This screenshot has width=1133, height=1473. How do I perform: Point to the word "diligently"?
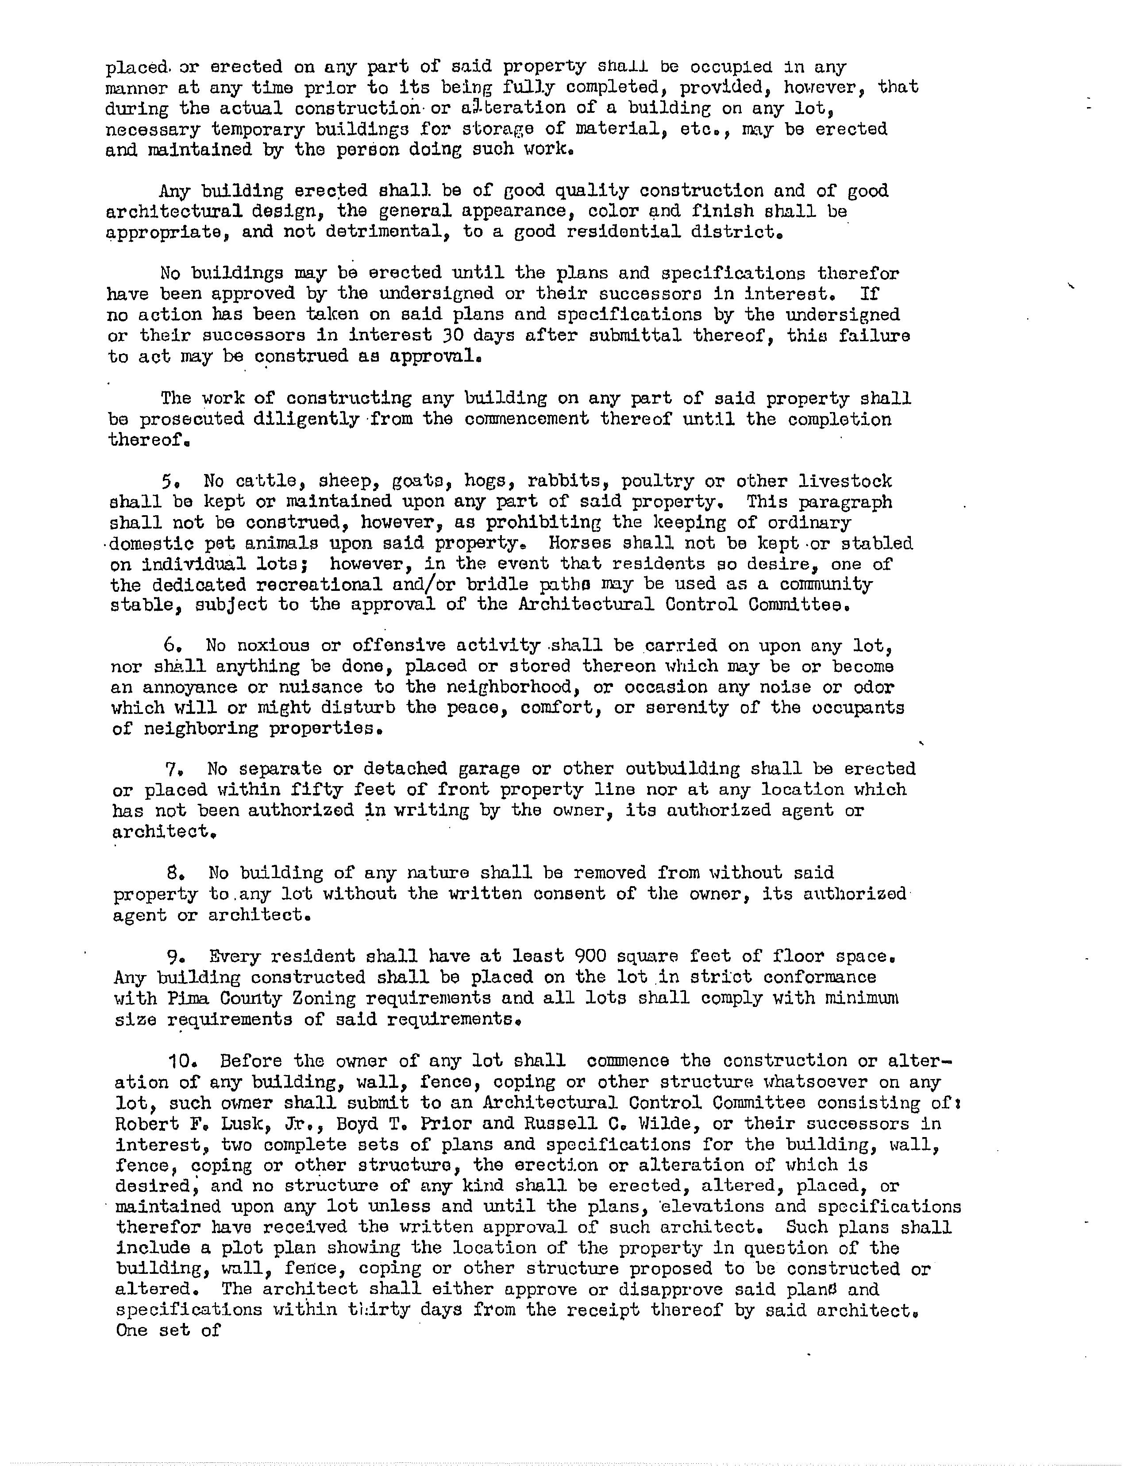tap(306, 420)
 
